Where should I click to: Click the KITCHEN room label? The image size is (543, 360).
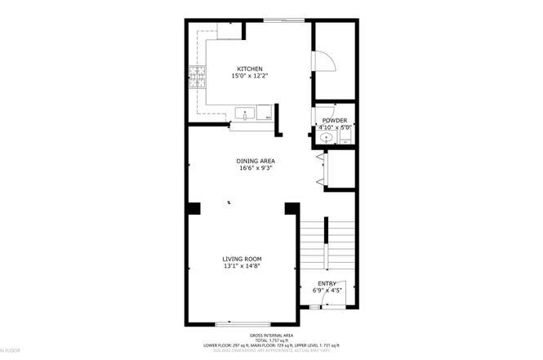tap(249, 69)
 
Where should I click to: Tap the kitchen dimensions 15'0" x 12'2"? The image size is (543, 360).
tap(249, 76)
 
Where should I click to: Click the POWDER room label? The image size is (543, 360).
tap(335, 121)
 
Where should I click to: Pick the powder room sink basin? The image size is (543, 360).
tap(326, 138)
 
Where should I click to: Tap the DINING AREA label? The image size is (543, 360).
tap(255, 162)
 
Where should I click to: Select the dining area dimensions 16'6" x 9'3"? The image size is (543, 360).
tap(255, 169)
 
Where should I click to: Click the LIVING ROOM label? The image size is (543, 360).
tap(243, 259)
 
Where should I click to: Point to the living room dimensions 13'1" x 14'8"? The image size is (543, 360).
tap(243, 266)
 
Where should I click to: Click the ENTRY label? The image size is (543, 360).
tap(327, 283)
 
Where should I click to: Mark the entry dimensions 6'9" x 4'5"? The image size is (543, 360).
tap(327, 290)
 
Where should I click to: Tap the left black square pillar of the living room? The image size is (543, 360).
tap(194, 210)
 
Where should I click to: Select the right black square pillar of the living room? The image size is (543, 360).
tap(291, 210)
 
